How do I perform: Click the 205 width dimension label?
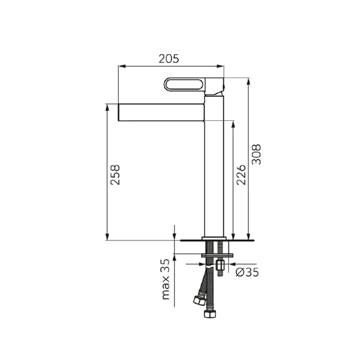pyautogui.click(x=169, y=59)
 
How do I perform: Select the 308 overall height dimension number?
pyautogui.click(x=257, y=154)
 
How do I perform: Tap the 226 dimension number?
pyautogui.click(x=241, y=175)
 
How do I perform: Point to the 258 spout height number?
pyautogui.click(x=115, y=175)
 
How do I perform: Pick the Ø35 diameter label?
pyautogui.click(x=247, y=272)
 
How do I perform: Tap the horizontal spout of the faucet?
pyautogui.click(x=161, y=112)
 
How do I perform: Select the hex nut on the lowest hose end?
pyautogui.click(x=210, y=314)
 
